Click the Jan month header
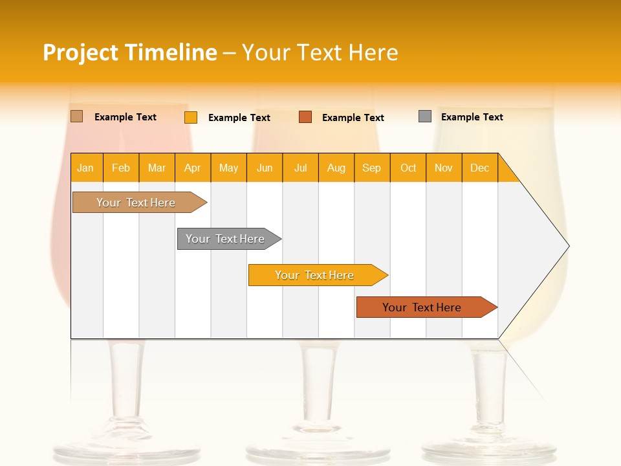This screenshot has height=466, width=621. (x=86, y=168)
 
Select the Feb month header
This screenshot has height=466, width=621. (x=121, y=168)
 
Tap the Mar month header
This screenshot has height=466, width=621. (x=157, y=168)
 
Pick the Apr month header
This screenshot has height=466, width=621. (x=193, y=168)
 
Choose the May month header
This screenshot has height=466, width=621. (x=228, y=168)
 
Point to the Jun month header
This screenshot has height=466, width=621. (x=265, y=168)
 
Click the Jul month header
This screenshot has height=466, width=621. (x=300, y=168)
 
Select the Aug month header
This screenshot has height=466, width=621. (x=336, y=168)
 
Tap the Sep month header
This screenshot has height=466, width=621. (x=372, y=168)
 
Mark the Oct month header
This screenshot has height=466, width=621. (x=408, y=168)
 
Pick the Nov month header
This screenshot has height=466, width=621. (x=444, y=168)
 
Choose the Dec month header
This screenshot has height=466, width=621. (x=480, y=168)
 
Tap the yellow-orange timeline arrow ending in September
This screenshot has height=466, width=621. (x=315, y=275)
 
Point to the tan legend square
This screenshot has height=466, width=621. (x=77, y=116)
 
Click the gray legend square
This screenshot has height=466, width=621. (x=425, y=116)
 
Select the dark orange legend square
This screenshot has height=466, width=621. (x=305, y=117)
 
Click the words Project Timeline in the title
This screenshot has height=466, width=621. (x=130, y=52)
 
